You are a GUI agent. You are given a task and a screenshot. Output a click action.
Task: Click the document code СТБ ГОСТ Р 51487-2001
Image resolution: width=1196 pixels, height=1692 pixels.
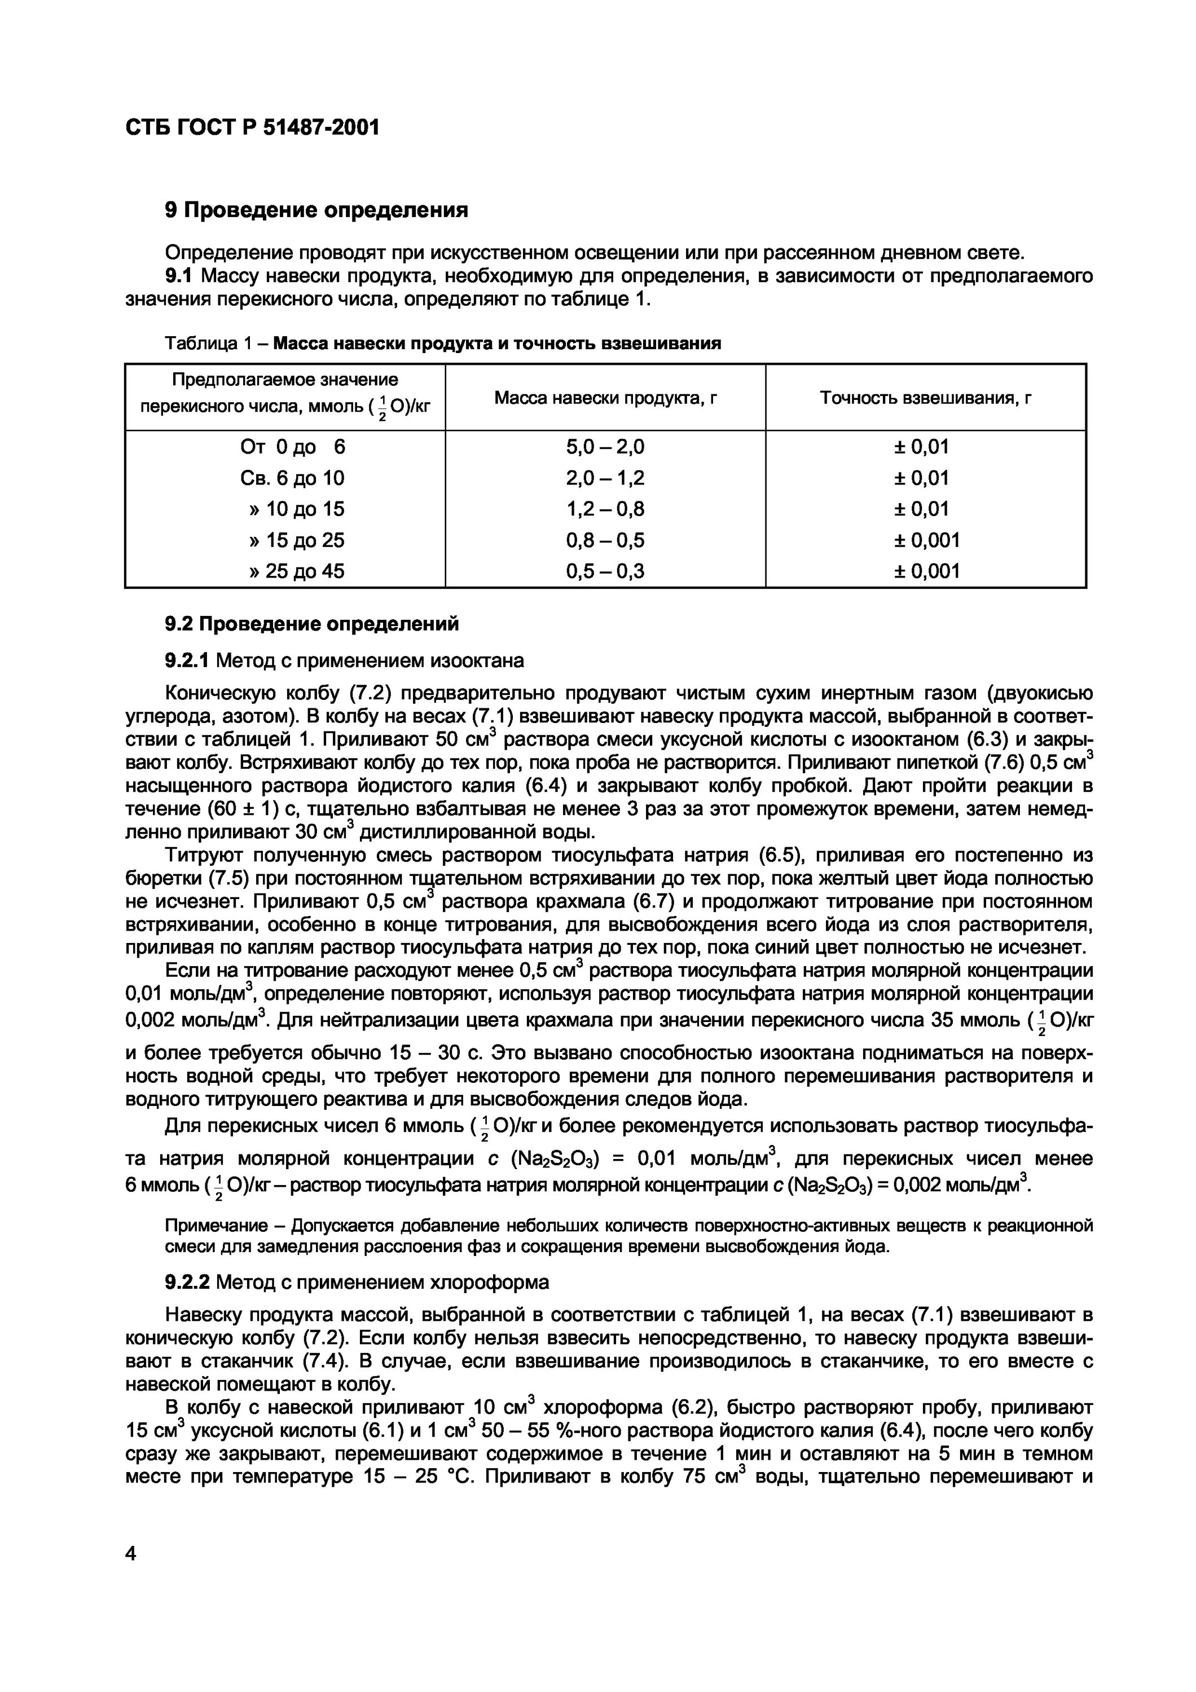[x=253, y=128]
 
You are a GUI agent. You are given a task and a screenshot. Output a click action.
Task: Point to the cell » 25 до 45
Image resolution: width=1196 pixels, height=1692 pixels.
[x=296, y=571]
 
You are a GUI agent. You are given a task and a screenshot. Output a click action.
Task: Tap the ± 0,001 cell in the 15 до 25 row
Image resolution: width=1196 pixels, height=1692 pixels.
[x=926, y=540]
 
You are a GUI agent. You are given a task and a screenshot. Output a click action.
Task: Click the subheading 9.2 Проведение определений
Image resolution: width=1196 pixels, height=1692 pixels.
[x=311, y=624]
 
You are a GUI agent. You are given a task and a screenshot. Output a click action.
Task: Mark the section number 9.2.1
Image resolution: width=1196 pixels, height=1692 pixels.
[x=187, y=661]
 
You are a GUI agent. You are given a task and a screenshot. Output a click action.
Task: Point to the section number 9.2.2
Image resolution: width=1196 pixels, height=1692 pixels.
[x=187, y=1283]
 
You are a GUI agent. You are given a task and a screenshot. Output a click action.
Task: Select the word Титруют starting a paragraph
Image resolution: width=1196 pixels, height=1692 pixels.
[x=204, y=856]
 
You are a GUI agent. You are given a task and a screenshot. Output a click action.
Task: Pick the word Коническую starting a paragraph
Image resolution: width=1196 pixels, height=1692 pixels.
[x=219, y=694]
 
